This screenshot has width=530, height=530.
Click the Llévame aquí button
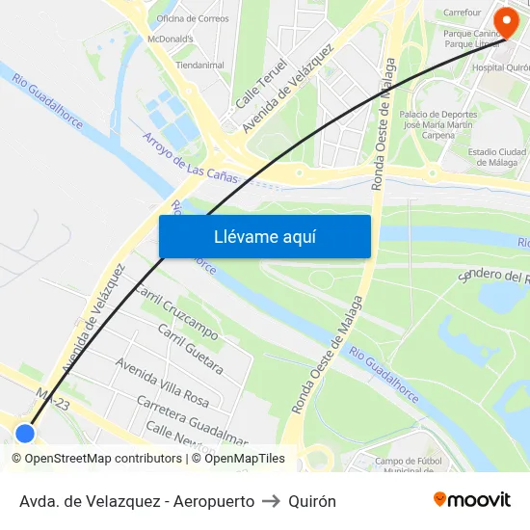click(x=264, y=236)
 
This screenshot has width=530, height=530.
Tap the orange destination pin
click(x=505, y=21)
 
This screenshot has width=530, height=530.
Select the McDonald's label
click(x=170, y=39)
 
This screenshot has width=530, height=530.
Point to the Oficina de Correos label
click(x=193, y=17)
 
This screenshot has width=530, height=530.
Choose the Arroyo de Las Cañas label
click(x=190, y=157)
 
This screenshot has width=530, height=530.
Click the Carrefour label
click(x=463, y=13)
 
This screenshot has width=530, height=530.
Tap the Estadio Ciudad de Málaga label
click(x=496, y=157)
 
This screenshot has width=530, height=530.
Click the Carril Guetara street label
click(x=190, y=350)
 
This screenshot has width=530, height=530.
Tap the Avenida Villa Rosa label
click(x=162, y=380)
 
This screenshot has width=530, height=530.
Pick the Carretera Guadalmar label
click(x=193, y=416)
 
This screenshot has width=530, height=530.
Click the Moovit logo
click(x=472, y=499)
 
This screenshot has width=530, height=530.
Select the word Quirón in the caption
click(x=312, y=501)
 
